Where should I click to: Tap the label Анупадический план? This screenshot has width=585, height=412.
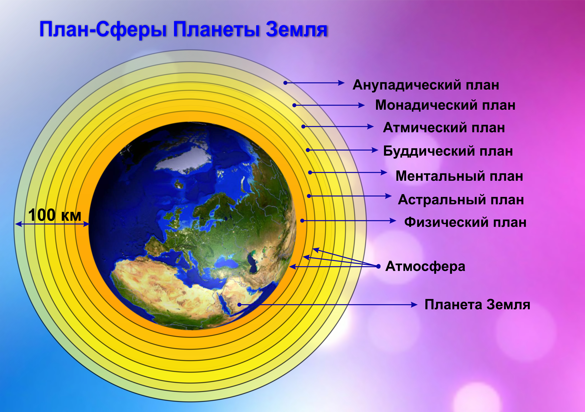pyautogui.click(x=426, y=85)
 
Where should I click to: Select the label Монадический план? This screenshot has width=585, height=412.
pyautogui.click(x=445, y=105)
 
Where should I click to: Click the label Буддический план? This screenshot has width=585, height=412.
pyautogui.click(x=448, y=151)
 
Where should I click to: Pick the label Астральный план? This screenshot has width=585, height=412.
pyautogui.click(x=461, y=200)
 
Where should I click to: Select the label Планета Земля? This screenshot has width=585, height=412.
pyautogui.click(x=477, y=305)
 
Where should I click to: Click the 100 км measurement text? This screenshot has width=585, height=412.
pyautogui.click(x=54, y=215)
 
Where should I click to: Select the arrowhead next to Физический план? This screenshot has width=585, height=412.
pyautogui.click(x=393, y=220)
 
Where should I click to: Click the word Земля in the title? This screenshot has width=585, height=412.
pyautogui.click(x=296, y=30)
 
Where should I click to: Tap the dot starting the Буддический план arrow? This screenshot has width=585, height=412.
pyautogui.click(x=308, y=150)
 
